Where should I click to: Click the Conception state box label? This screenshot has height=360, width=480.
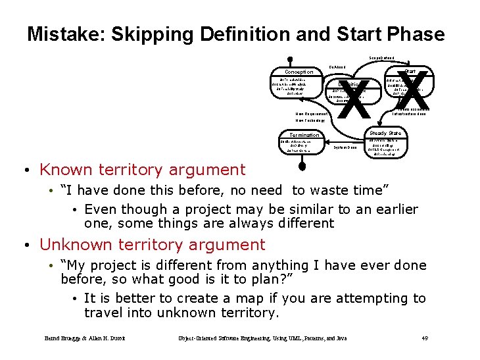coord(299,72)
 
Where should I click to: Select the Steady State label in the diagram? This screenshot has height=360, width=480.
coord(385,133)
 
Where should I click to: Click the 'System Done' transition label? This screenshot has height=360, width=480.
coord(345,147)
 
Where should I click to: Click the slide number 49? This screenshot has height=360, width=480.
coord(424,338)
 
